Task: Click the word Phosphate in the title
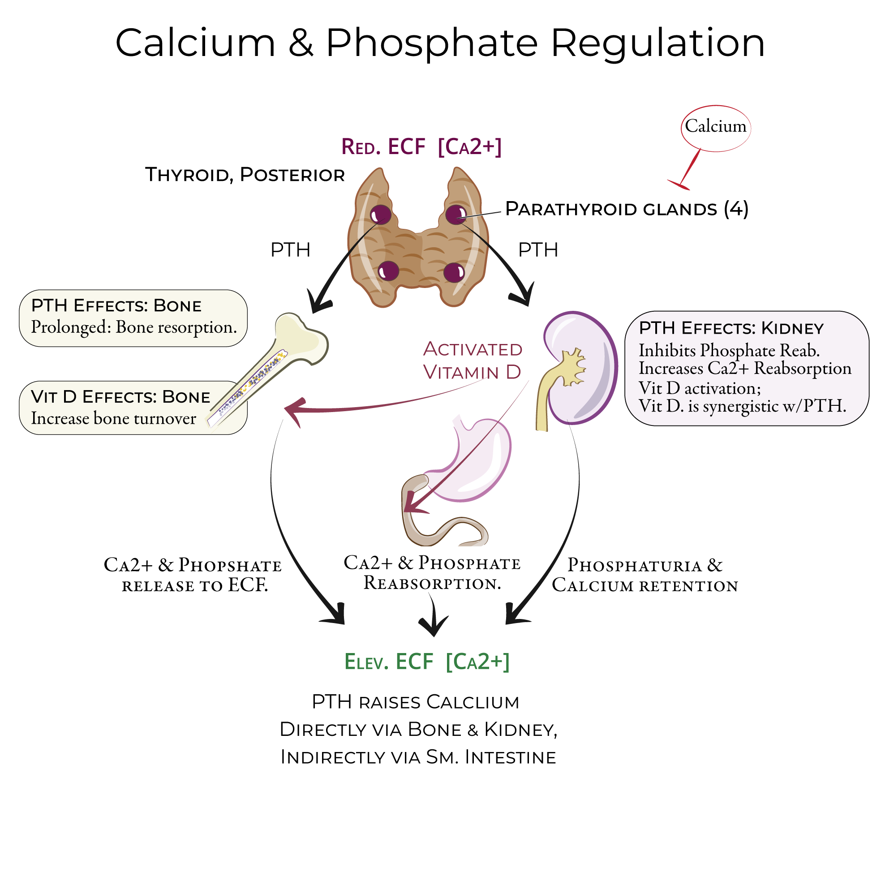click(x=431, y=43)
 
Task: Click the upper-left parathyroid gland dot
click(x=380, y=215)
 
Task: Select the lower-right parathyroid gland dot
click(x=454, y=272)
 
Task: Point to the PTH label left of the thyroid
click(x=290, y=250)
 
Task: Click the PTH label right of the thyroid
click(x=537, y=250)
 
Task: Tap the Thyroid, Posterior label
click(x=245, y=175)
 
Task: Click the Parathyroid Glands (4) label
click(x=627, y=209)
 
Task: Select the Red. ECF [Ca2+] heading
click(x=421, y=147)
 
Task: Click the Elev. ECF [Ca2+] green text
click(x=426, y=662)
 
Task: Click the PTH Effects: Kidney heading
click(x=731, y=328)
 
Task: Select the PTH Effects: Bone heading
click(x=116, y=305)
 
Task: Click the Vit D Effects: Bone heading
click(x=120, y=397)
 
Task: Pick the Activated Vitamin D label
click(x=473, y=361)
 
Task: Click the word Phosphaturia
click(x=634, y=565)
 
